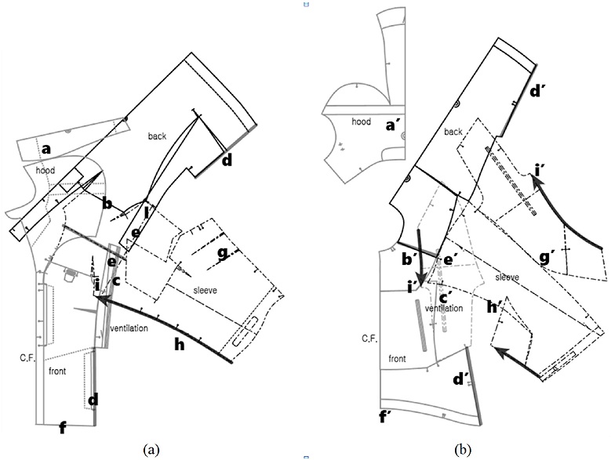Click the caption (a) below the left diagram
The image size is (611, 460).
pyautogui.click(x=151, y=449)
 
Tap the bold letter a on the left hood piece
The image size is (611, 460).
pyautogui.click(x=45, y=148)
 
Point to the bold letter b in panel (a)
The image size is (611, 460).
pyautogui.click(x=109, y=205)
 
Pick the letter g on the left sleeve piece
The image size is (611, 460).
pyautogui.click(x=223, y=252)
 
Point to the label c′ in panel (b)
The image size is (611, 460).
pyautogui.click(x=444, y=297)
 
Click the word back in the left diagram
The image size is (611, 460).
pyautogui.click(x=158, y=136)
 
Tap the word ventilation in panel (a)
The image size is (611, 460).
pyautogui.click(x=129, y=328)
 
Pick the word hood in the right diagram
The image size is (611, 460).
pyautogui.click(x=361, y=122)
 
